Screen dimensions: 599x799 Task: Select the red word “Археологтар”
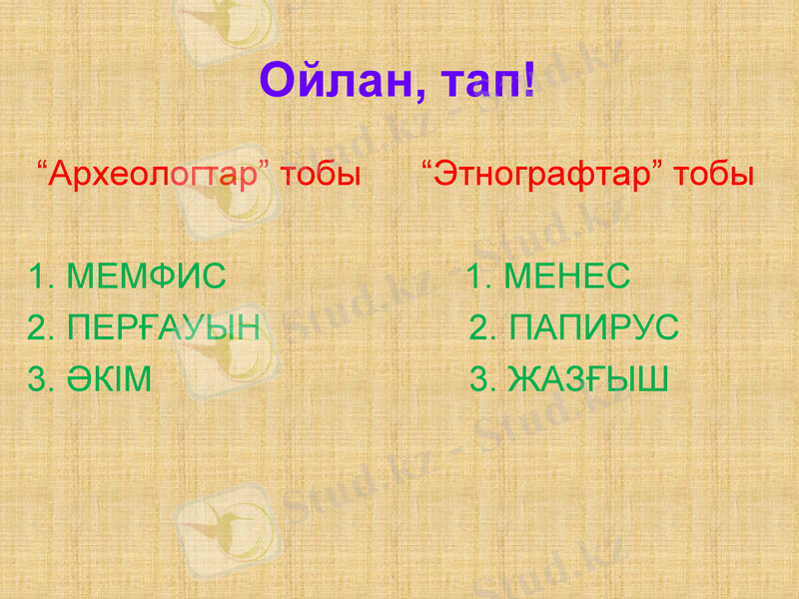155,176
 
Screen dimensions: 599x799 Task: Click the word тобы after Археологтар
321,176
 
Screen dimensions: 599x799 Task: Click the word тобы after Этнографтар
713,176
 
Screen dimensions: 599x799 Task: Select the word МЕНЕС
566,277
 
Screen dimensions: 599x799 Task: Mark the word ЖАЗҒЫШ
588,379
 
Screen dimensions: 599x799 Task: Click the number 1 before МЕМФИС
39,277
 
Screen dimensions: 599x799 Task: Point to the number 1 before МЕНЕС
477,277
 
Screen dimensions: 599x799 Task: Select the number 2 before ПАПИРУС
480,327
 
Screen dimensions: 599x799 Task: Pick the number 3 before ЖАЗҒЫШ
480,379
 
